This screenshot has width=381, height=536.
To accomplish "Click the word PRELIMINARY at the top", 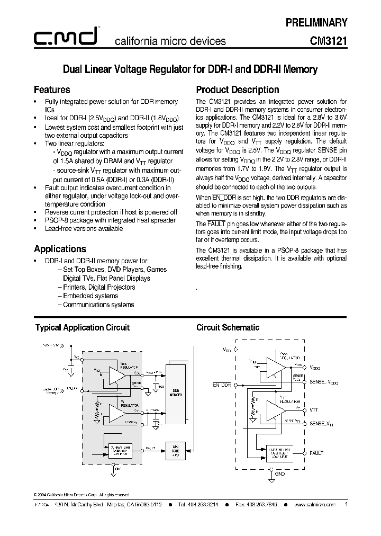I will pos(316,22).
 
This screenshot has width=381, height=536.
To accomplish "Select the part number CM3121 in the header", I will pos(329,41).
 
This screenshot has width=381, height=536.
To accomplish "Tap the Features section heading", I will pos(52,90).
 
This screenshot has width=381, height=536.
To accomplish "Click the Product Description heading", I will pos(238,90).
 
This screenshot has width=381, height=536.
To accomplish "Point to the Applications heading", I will pos(60,249).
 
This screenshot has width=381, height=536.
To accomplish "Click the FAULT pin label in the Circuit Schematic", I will pos(316,453).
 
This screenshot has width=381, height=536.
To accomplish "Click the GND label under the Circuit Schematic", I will pos(280,474).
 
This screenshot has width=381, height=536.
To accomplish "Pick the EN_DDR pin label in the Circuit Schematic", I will pos(222,385).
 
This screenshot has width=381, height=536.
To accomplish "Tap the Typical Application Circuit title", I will pos(82,327).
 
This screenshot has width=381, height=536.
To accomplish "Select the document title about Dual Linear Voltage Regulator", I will pos(190,69).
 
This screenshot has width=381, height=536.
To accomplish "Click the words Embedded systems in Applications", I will pos(90,296).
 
